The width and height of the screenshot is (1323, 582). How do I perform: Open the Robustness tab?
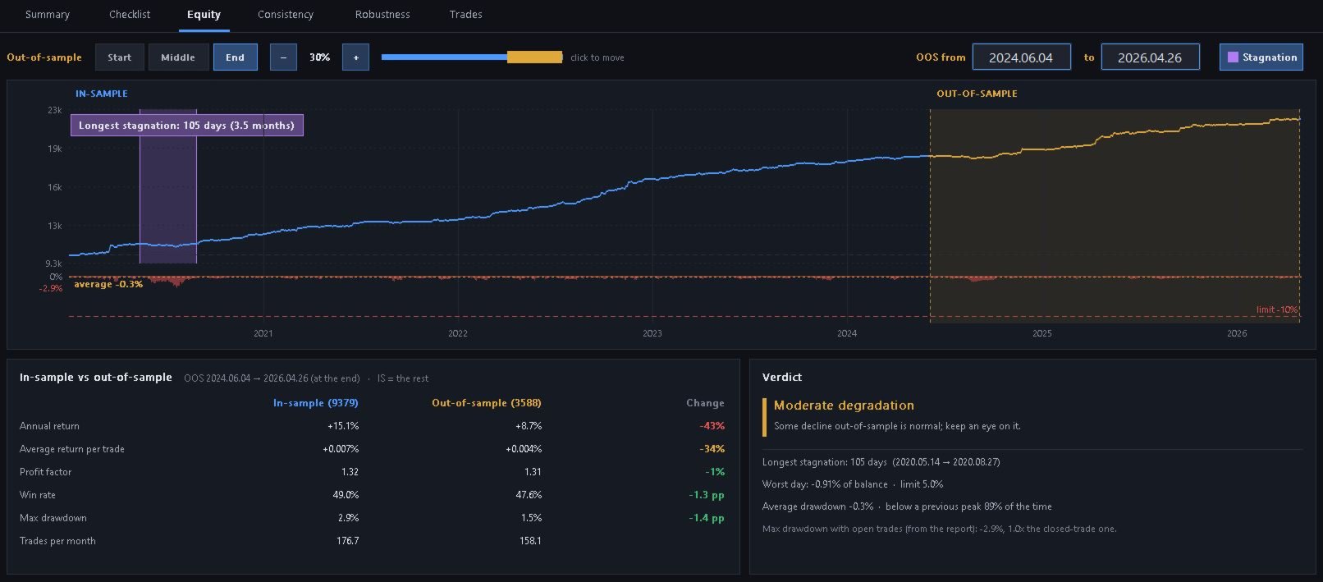pyautogui.click(x=382, y=14)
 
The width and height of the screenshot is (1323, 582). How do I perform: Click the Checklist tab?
pyautogui.click(x=130, y=14)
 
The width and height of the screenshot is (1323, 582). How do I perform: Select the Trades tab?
pyautogui.click(x=465, y=14)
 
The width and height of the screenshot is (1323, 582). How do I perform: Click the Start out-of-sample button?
pyautogui.click(x=119, y=57)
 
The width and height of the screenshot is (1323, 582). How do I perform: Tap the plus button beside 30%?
pyautogui.click(x=355, y=57)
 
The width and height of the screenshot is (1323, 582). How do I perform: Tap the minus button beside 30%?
pyautogui.click(x=283, y=57)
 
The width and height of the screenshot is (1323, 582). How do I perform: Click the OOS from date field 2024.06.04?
pyautogui.click(x=1021, y=57)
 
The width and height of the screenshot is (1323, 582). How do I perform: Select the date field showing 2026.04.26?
pyautogui.click(x=1150, y=57)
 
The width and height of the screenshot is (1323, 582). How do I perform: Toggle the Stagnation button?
pyautogui.click(x=1261, y=57)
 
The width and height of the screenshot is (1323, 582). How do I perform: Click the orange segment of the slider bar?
pyautogui.click(x=534, y=57)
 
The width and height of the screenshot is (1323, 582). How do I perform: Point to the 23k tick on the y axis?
pyautogui.click(x=55, y=111)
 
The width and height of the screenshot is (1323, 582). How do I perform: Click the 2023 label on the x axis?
pyautogui.click(x=652, y=333)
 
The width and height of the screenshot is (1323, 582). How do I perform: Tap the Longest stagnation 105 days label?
pyautogui.click(x=186, y=126)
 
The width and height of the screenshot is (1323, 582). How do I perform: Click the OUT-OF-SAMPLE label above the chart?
pyautogui.click(x=977, y=94)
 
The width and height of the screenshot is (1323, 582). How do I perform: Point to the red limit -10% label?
pyautogui.click(x=1277, y=309)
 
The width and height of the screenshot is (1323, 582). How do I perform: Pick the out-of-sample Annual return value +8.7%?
pyautogui.click(x=528, y=426)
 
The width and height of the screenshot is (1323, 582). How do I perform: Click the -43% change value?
pyautogui.click(x=712, y=426)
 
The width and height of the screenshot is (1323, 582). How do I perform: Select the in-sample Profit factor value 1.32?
pyautogui.click(x=350, y=472)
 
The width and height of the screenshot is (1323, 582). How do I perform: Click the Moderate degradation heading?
pyautogui.click(x=844, y=406)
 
